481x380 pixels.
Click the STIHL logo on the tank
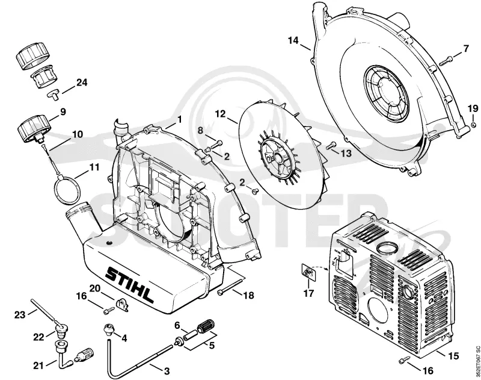(x=129, y=284)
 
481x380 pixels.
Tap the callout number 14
(x=293, y=40)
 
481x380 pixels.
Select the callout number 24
(x=82, y=83)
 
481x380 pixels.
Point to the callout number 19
(x=473, y=108)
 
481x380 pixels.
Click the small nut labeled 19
(x=473, y=125)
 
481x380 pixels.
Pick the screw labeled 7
(x=446, y=60)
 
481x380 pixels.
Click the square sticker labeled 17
(x=308, y=272)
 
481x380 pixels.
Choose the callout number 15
(x=453, y=356)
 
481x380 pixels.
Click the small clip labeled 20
(x=122, y=305)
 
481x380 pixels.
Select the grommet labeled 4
(x=109, y=329)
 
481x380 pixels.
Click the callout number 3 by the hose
(x=167, y=372)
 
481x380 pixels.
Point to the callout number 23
(x=20, y=315)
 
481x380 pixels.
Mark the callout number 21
(x=38, y=366)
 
